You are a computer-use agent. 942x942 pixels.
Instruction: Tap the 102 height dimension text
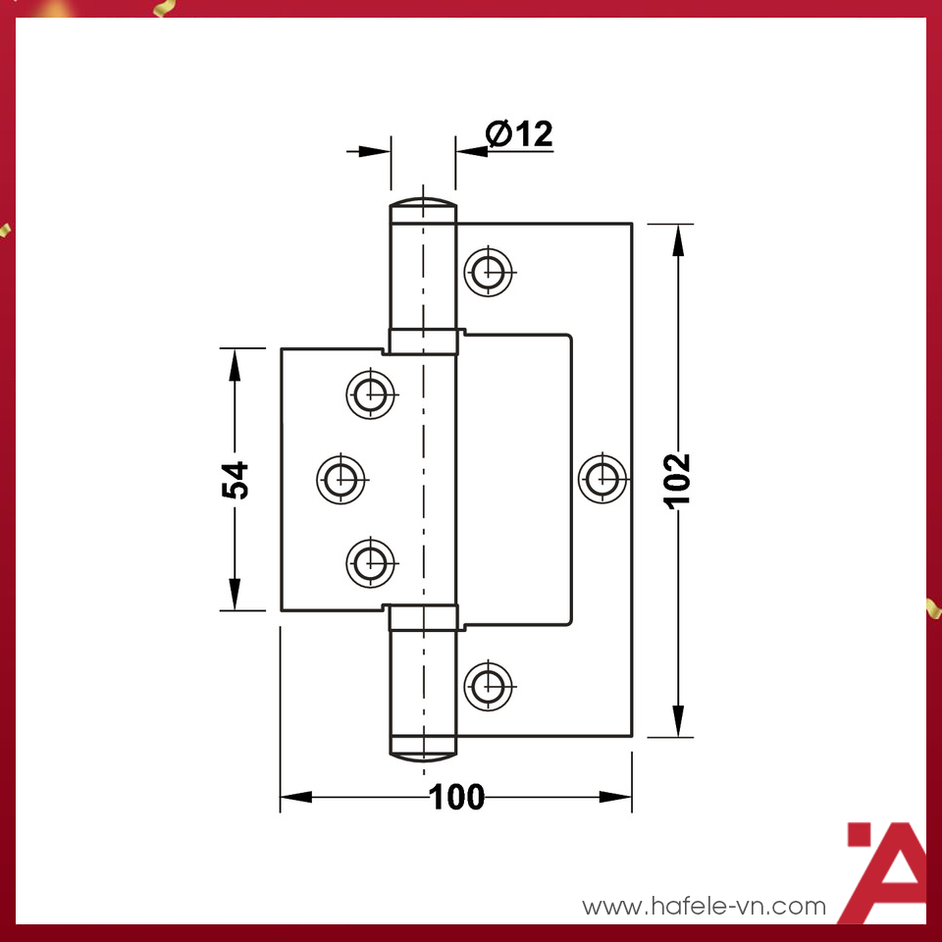(x=678, y=480)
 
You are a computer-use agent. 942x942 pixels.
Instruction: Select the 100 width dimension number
(x=457, y=797)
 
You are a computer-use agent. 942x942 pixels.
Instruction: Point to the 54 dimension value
(x=236, y=480)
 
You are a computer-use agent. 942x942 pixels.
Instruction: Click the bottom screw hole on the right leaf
(x=488, y=684)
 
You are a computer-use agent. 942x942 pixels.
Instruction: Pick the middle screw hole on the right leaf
(x=602, y=479)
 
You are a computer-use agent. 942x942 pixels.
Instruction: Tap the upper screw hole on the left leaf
(x=372, y=393)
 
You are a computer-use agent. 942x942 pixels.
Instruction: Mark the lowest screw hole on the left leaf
(x=372, y=562)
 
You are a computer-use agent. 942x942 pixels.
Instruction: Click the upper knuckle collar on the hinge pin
(x=423, y=340)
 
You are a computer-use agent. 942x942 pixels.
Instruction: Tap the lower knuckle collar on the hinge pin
(x=423, y=617)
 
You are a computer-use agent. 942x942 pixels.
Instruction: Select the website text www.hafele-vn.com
(x=705, y=906)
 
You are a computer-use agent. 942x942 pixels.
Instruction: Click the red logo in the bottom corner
(x=885, y=871)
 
